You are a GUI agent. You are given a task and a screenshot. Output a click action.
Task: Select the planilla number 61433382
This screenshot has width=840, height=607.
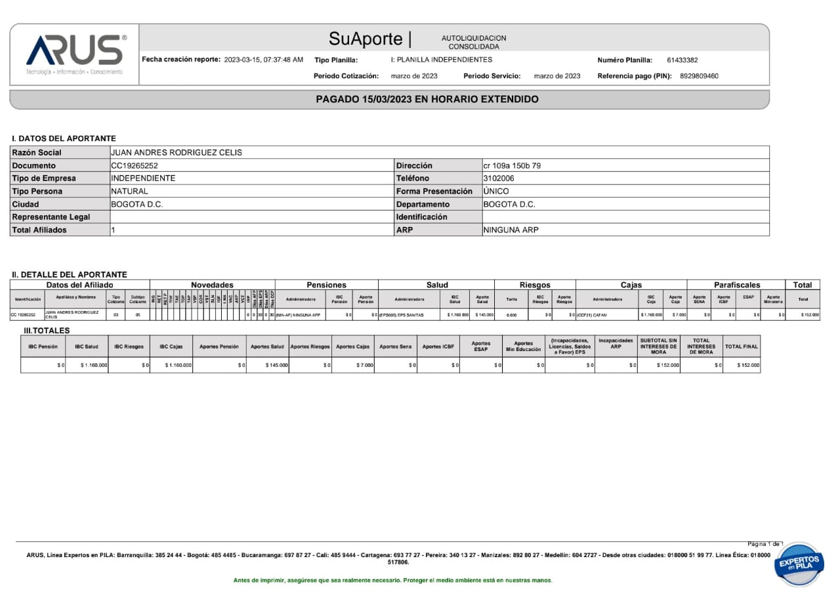(x=682, y=60)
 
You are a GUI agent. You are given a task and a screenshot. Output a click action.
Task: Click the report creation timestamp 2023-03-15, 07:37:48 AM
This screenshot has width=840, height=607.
(x=263, y=60)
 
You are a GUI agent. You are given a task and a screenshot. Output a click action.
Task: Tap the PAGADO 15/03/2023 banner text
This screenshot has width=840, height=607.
(x=427, y=99)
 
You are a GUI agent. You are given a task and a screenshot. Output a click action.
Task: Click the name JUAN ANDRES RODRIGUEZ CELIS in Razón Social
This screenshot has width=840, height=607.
(x=177, y=153)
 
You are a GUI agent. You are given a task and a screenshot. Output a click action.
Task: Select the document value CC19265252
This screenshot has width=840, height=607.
(x=135, y=166)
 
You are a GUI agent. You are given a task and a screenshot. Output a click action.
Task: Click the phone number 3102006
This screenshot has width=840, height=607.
(x=498, y=178)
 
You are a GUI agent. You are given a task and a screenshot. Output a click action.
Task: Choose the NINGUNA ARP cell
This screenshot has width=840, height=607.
(x=511, y=230)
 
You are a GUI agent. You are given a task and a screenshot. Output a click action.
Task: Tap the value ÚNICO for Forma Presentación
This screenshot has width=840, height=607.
(x=495, y=192)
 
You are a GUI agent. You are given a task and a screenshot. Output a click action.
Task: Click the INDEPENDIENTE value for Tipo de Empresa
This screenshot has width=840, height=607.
(x=143, y=178)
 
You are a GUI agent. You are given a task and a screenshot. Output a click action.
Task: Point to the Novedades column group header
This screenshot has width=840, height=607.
(x=212, y=285)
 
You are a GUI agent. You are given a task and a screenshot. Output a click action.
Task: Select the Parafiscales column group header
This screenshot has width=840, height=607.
(x=736, y=285)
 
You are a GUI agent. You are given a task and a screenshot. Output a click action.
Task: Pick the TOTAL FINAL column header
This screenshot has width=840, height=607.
(x=741, y=346)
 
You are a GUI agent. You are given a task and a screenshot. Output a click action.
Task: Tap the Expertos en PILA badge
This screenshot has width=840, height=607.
(x=799, y=564)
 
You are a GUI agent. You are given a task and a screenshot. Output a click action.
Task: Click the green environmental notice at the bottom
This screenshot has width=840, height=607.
(x=392, y=581)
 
